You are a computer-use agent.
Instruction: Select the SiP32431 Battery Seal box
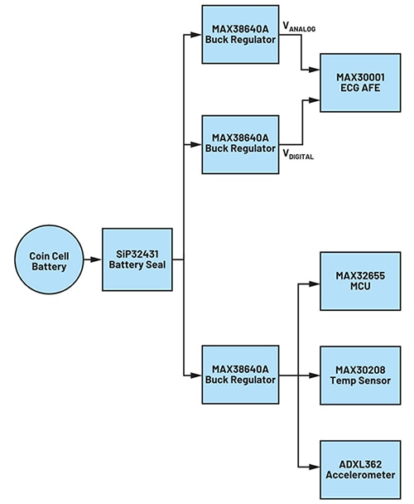137,259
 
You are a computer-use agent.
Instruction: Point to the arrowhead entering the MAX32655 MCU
315,282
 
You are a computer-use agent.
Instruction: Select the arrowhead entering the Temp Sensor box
315,376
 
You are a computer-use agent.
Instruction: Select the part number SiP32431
137,254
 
